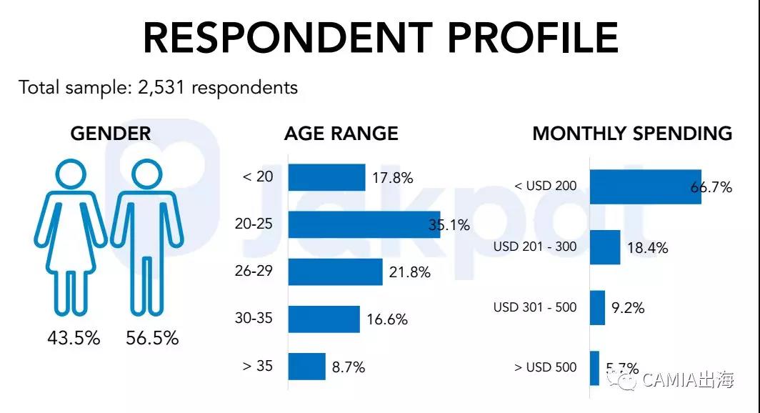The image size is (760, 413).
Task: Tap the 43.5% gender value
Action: pos(74,338)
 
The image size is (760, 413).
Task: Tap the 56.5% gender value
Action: pos(152,338)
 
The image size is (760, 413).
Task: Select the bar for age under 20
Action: pos(326,177)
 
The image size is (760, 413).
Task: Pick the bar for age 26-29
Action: pos(335,272)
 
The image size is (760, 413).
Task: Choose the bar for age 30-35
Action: pos(324,319)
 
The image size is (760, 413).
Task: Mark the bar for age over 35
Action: pos(306,367)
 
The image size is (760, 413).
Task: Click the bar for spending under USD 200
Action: pos(645,186)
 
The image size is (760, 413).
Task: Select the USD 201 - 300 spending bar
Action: pos(604,247)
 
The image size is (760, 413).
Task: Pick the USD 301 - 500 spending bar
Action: pos(597,308)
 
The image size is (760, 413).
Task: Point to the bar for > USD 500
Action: pos(594,369)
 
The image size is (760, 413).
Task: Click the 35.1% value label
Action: pos(449,226)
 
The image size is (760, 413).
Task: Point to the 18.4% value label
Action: pos(647,248)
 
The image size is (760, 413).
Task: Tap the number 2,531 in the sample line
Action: pos(160,88)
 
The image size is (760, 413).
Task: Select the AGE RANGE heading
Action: pos(341,134)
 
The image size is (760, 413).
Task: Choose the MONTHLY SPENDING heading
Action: pos(632,134)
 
